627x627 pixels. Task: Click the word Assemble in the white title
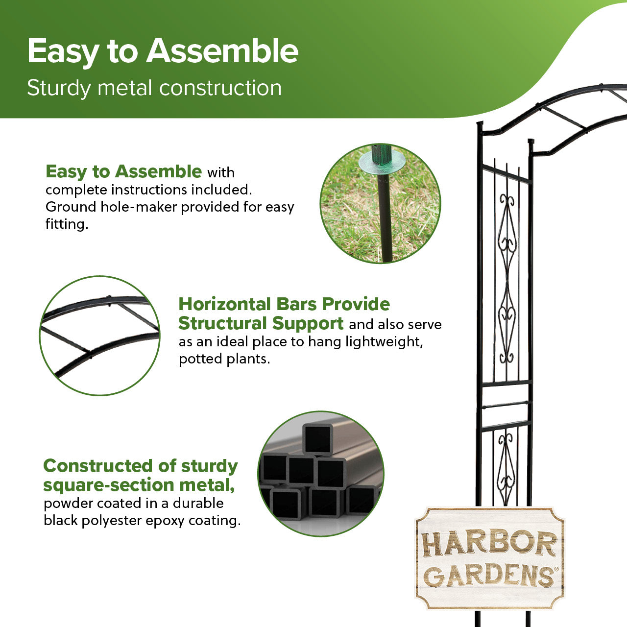222,51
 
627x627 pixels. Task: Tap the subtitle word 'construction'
220,88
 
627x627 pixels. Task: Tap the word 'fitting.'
67,224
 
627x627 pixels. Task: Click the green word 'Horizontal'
224,304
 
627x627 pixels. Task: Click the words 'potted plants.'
224,359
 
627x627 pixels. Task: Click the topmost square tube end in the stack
317,439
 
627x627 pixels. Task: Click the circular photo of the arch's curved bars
100,336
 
